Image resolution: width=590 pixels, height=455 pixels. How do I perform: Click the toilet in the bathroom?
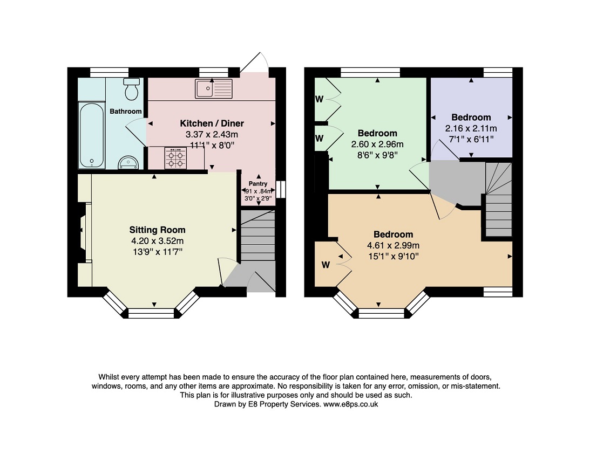click(131, 89)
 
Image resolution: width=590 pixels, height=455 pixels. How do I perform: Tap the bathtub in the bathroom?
click(91, 135)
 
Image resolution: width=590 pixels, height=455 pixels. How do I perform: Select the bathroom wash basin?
click(128, 162)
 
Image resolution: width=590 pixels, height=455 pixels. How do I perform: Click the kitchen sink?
click(214, 88)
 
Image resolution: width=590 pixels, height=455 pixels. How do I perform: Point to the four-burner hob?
click(176, 158)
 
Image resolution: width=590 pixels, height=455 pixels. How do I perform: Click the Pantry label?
click(258, 184)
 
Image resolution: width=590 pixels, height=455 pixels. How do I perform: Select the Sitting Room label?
click(157, 230)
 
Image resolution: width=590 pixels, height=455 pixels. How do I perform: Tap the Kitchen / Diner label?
click(212, 123)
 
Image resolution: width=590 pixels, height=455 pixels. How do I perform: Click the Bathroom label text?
click(126, 111)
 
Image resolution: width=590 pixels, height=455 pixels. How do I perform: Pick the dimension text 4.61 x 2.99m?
click(393, 245)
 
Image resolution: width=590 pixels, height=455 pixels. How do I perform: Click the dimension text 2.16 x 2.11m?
click(471, 128)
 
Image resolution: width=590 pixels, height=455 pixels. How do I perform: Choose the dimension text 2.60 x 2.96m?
click(377, 144)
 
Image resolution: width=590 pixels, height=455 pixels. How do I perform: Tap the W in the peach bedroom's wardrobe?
click(325, 265)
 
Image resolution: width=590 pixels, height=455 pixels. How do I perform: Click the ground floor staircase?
click(258, 235)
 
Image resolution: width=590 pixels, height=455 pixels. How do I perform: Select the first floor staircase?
click(498, 199)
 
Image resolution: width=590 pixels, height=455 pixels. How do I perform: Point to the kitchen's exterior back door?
click(254, 64)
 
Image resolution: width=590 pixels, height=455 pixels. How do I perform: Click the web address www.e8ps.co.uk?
click(351, 404)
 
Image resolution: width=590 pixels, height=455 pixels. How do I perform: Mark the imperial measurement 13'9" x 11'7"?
click(157, 252)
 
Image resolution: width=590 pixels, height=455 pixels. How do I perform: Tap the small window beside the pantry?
click(281, 189)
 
